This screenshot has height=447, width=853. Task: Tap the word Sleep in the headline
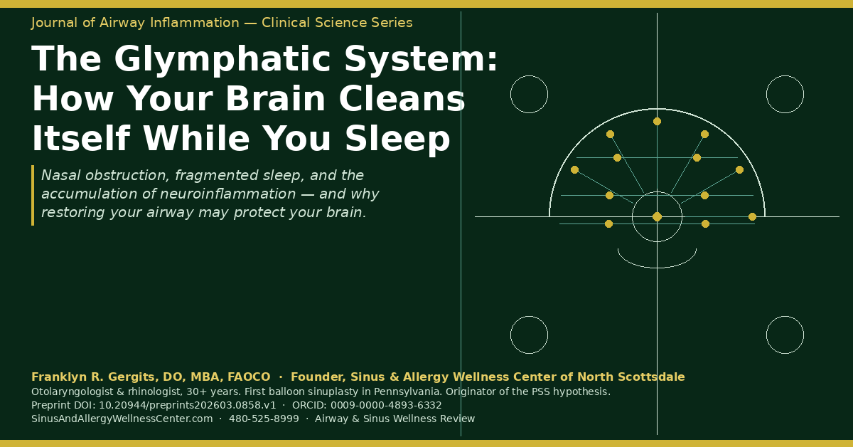tap(397, 139)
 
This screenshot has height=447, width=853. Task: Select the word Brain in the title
tap(276, 99)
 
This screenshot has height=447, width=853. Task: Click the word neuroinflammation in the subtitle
tap(227, 194)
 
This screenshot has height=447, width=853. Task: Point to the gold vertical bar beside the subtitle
tap(33, 195)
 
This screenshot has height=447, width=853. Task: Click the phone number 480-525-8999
tap(264, 419)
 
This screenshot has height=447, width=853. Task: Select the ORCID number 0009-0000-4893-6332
tap(386, 405)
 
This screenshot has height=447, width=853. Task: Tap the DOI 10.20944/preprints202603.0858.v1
tap(188, 405)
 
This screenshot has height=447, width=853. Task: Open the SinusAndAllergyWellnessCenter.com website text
tap(122, 419)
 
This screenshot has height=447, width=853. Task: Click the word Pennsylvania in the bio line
tap(397, 392)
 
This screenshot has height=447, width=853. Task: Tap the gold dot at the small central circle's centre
tap(657, 216)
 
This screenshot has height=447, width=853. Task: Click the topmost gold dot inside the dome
tap(657, 121)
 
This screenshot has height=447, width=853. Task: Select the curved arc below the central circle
tap(657, 268)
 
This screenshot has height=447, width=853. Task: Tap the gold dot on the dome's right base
tap(752, 216)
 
